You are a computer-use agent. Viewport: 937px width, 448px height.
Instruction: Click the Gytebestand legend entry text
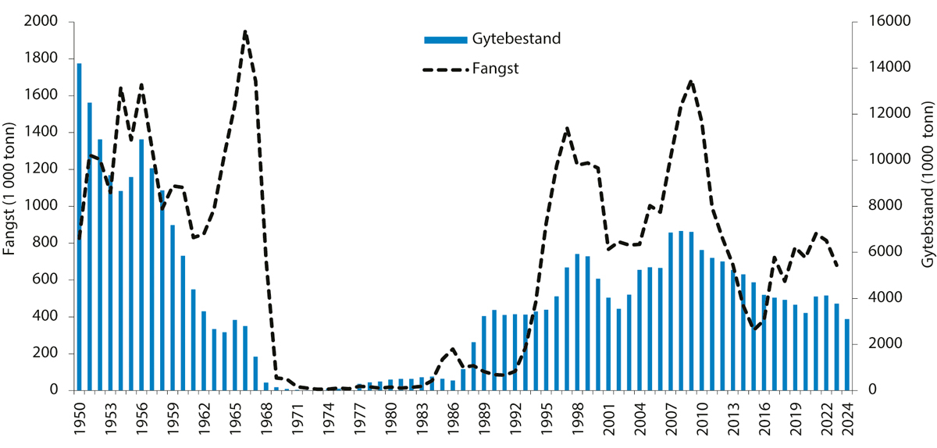coord(516,39)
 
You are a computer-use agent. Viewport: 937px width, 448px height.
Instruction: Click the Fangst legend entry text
coord(496,69)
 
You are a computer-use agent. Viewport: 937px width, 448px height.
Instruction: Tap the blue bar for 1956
coord(141,265)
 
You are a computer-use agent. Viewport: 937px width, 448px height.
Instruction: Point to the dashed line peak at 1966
coord(245,32)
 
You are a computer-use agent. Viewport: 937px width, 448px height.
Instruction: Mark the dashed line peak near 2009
coord(691,81)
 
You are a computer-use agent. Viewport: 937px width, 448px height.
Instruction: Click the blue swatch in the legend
coord(446,39)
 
